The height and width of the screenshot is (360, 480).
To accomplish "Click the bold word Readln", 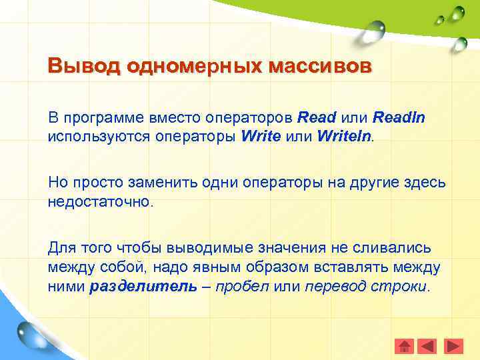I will pyautogui.click(x=399, y=118).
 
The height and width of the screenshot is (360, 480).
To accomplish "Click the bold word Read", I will pyautogui.click(x=317, y=118).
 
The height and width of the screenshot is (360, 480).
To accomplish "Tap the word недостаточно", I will pyautogui.click(x=100, y=201).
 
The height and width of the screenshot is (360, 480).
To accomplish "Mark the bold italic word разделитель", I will pyautogui.click(x=143, y=287).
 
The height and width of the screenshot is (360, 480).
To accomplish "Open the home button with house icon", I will pyautogui.click(x=405, y=347).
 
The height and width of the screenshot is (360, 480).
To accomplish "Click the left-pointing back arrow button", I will pyautogui.click(x=428, y=347).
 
